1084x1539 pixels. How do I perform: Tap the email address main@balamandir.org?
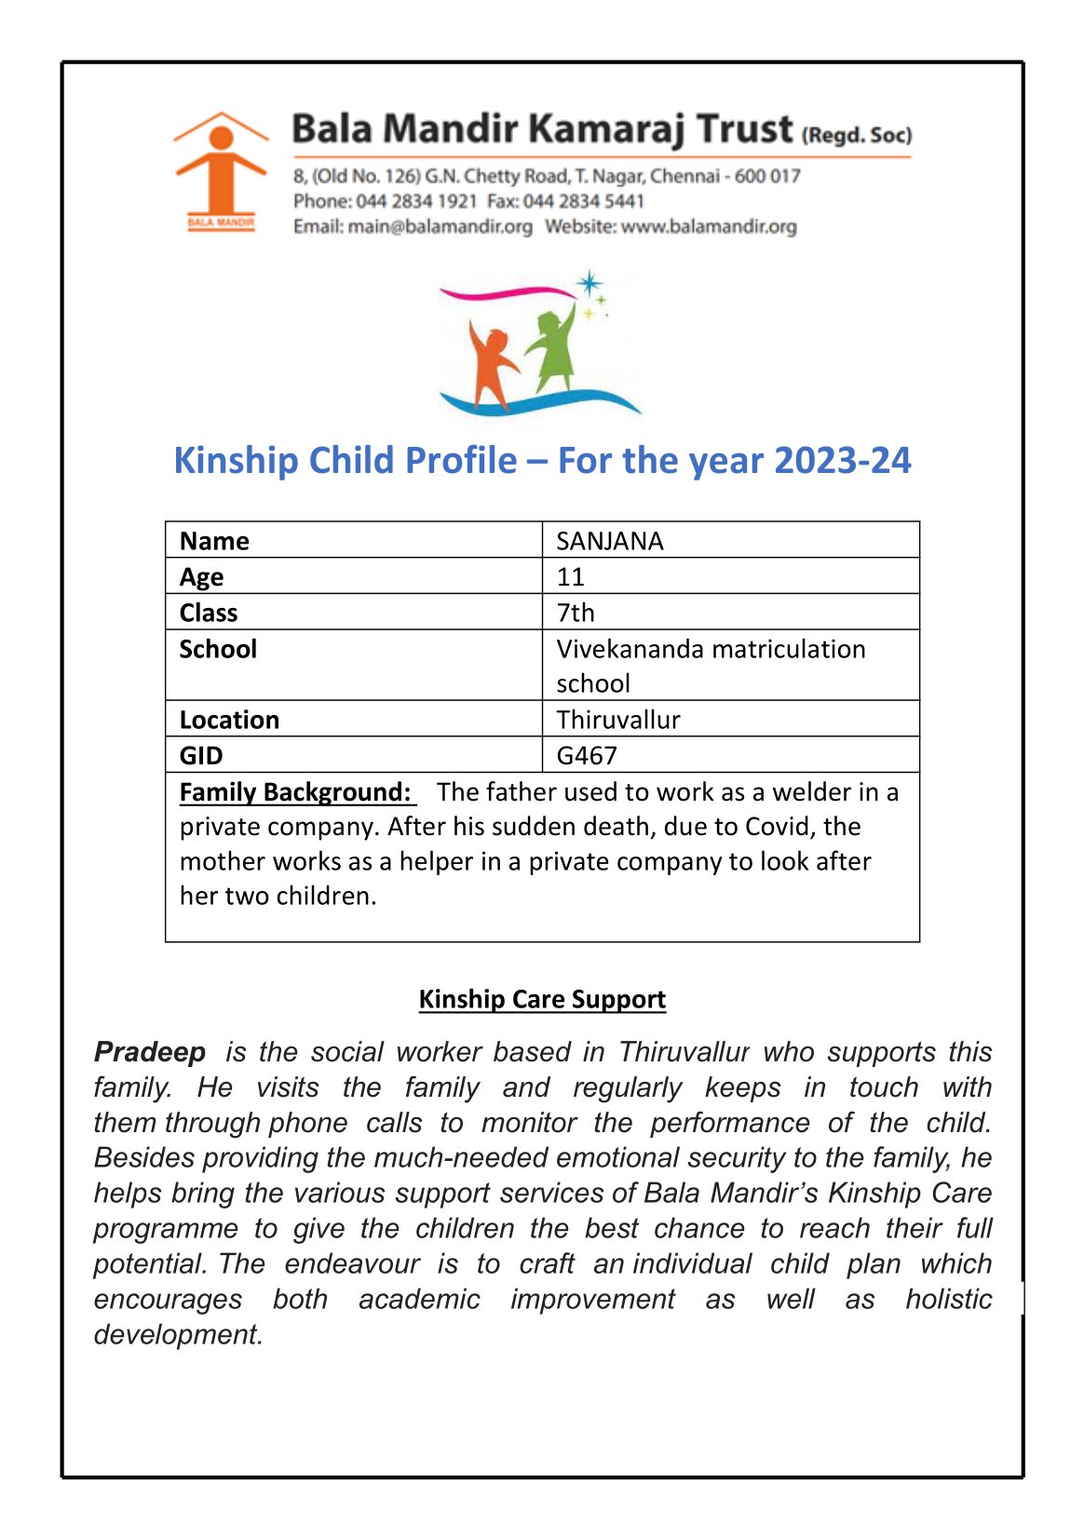tap(440, 226)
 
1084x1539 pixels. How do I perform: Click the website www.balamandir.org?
tap(709, 226)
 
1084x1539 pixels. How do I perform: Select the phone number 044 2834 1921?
tap(416, 201)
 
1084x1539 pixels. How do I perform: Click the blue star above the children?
tap(589, 282)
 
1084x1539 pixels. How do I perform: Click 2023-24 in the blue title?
tap(842, 460)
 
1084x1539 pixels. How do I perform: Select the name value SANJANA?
tap(610, 541)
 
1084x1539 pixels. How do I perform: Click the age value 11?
tap(571, 577)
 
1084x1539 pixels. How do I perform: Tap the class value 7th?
tap(576, 613)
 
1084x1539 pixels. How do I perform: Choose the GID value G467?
tap(587, 755)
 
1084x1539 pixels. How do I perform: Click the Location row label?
tap(229, 720)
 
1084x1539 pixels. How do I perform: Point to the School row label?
tap(218, 649)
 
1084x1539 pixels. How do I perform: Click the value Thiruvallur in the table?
tap(618, 720)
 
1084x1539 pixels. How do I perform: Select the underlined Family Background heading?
tap(295, 791)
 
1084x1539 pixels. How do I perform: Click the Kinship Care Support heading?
tap(542, 999)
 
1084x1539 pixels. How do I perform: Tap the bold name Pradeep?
tap(150, 1052)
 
